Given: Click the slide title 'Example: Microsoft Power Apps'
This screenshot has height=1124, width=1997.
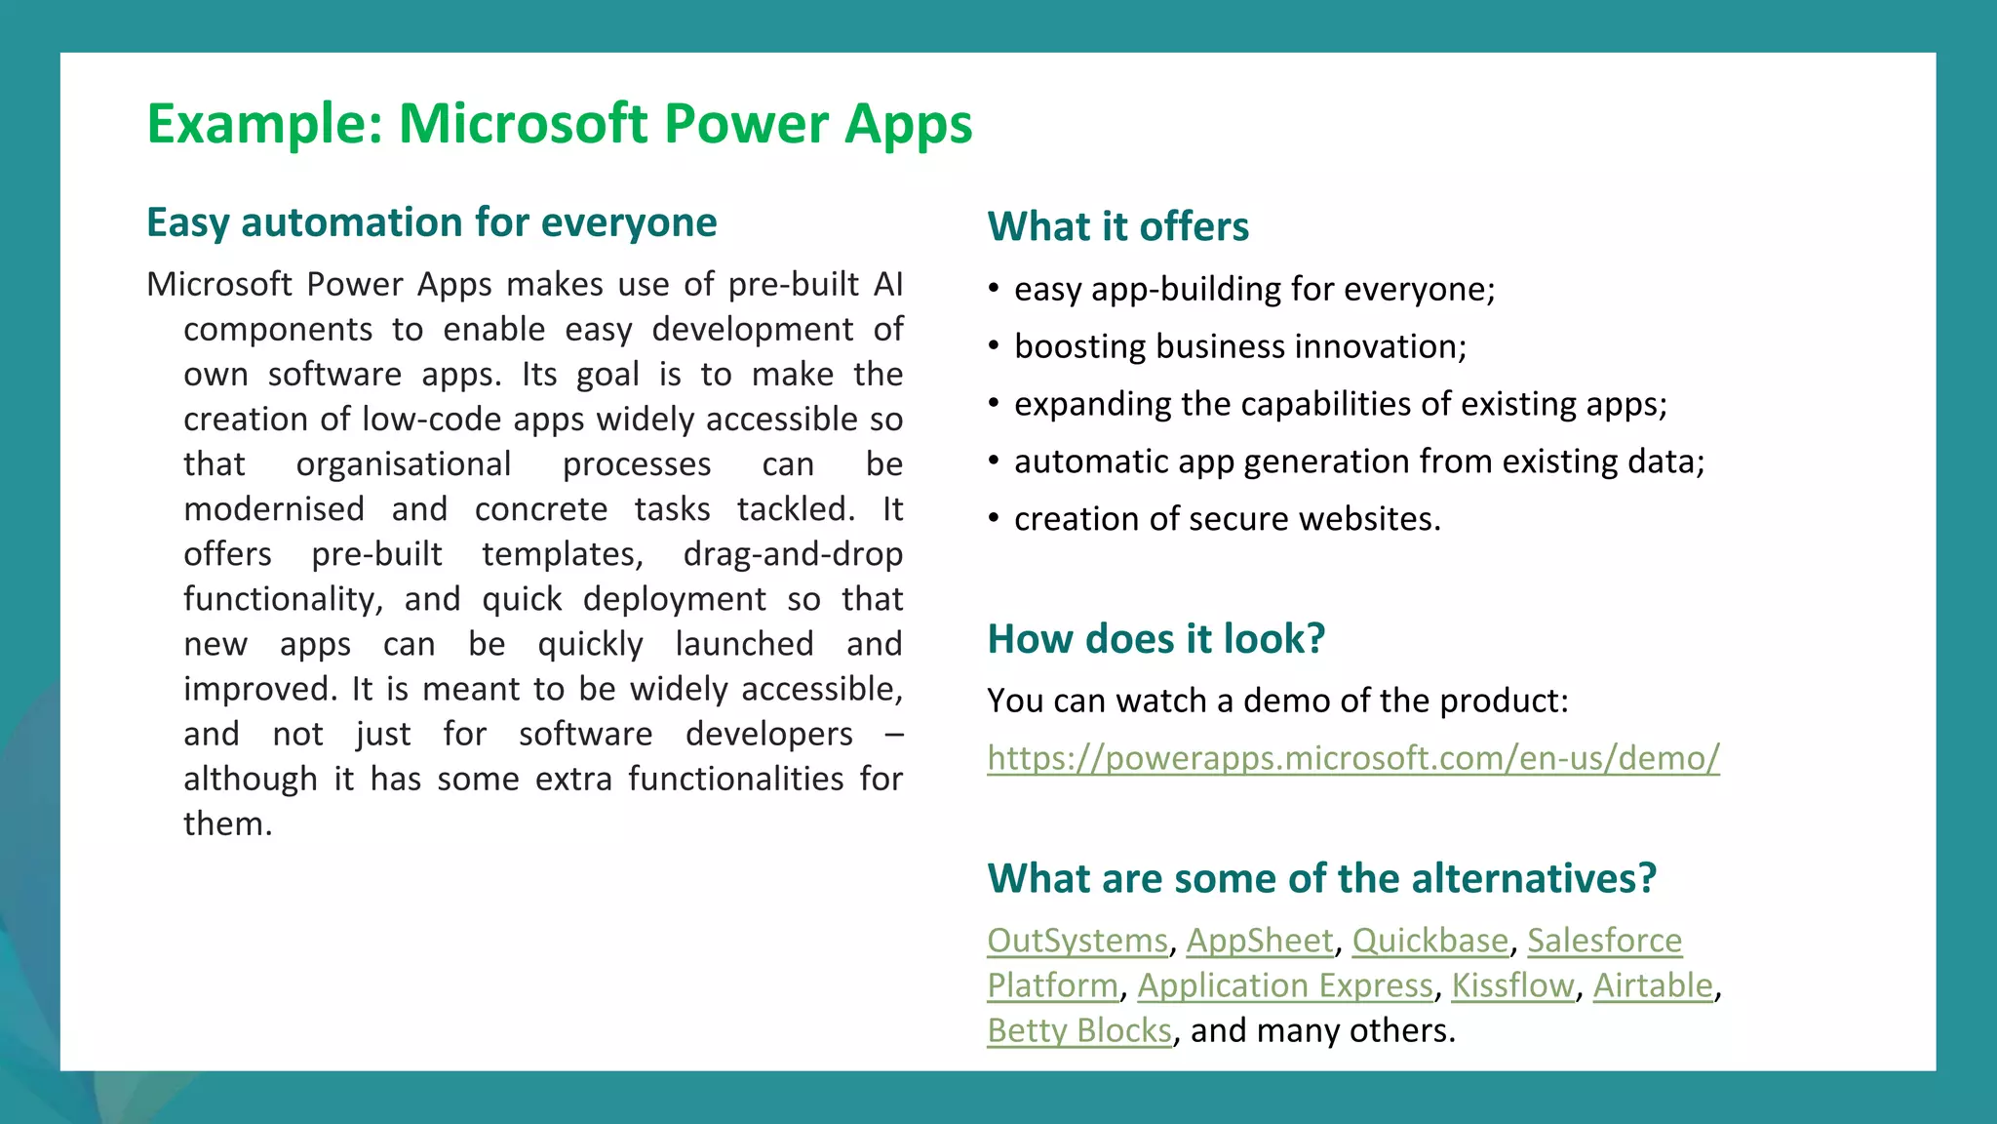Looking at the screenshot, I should point(559,124).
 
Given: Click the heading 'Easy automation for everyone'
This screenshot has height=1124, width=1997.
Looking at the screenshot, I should point(431,222).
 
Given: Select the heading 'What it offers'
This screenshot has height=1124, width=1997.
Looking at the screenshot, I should point(1117,226).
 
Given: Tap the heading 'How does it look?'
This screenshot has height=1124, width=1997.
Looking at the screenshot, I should point(1155,639).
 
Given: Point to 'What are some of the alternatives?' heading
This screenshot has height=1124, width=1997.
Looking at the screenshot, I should point(1321,878).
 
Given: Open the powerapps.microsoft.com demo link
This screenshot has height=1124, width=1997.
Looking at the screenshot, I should point(1352,758).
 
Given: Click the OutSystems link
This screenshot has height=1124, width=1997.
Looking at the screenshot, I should point(1077,941).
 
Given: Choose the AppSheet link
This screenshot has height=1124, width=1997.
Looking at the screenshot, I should point(1259,941).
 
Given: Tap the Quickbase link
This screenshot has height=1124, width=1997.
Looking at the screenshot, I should point(1429,941).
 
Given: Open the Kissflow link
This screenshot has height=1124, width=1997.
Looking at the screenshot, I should point(1512,985).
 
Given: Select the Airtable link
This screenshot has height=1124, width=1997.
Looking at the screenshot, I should point(1653,985).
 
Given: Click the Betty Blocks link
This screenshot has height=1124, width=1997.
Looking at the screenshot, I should point(1078,1030).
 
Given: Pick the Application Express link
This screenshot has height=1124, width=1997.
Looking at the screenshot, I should point(1284,985).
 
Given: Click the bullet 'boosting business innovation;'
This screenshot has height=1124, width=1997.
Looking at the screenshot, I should point(1239,347).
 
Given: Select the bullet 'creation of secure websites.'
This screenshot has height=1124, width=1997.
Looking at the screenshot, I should point(1227,519).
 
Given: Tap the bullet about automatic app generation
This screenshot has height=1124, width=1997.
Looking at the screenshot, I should point(1358,462).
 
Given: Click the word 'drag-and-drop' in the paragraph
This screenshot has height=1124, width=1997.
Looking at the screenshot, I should point(793,554).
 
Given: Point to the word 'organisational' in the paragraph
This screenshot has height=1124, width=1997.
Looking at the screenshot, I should point(404,464).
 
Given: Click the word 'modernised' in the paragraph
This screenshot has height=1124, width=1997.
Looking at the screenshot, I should point(274,509).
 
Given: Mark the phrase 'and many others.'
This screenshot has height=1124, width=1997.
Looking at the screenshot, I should point(1322,1030).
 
